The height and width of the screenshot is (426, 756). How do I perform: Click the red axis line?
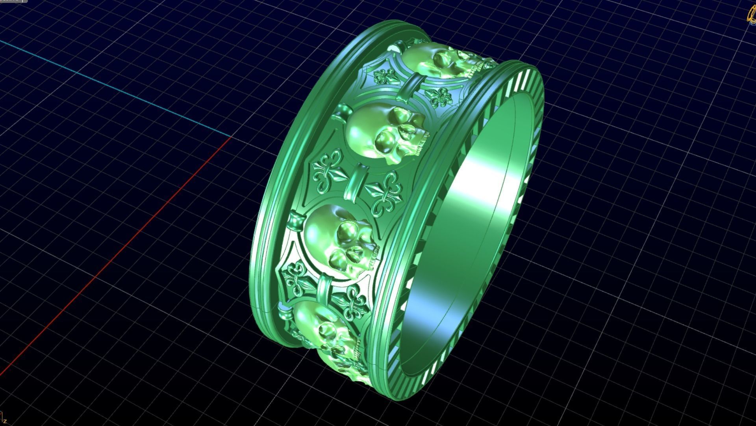118,252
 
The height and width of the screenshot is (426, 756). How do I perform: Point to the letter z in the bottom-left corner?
5,422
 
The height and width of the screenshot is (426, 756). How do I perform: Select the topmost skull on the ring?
437,61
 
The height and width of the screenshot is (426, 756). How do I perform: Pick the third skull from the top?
339,239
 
